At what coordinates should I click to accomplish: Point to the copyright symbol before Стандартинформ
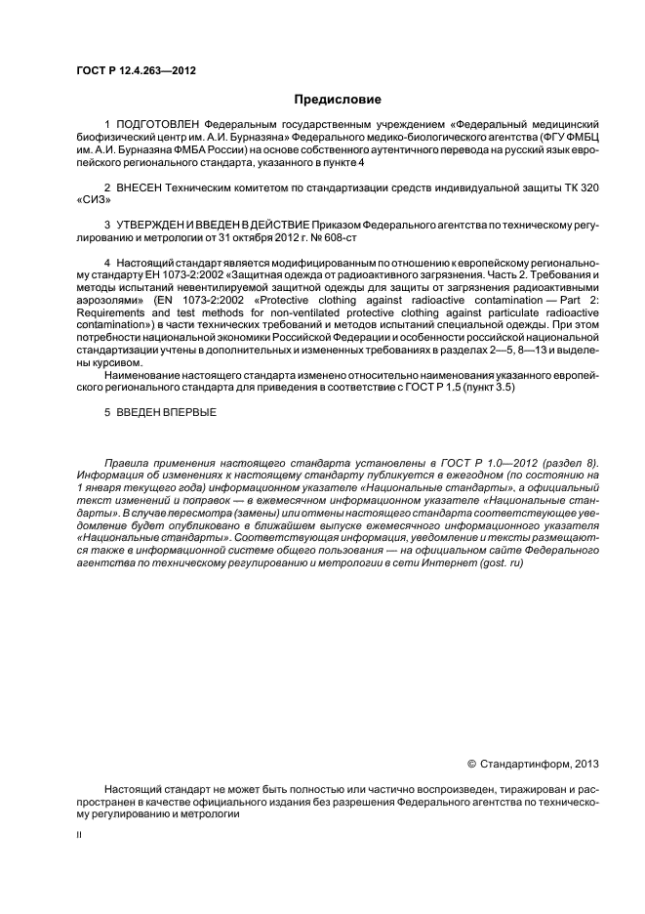tap(471, 764)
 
